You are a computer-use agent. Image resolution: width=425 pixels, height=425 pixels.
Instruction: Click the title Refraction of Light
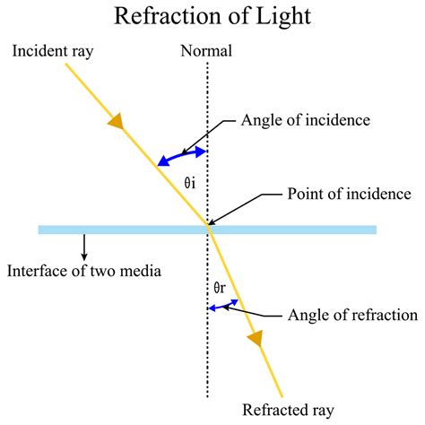pos(212,17)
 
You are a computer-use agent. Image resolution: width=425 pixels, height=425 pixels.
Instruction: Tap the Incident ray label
pos(51,51)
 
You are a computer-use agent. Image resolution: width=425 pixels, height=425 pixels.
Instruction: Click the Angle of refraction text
pos(351,315)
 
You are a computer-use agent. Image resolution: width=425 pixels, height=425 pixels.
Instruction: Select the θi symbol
pos(189,183)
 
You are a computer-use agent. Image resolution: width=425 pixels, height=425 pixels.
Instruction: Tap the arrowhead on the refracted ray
pos(256,338)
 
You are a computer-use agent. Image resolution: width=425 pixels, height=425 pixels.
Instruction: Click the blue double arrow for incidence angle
pos(182,156)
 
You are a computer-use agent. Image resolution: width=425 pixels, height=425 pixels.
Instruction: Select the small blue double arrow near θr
pos(223,306)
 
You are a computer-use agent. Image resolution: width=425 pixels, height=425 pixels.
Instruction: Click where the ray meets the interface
pos(209,230)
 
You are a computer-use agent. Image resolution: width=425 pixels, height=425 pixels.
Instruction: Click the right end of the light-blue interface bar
pos(374,230)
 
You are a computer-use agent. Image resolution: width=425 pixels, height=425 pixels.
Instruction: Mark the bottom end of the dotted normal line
pos(209,395)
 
